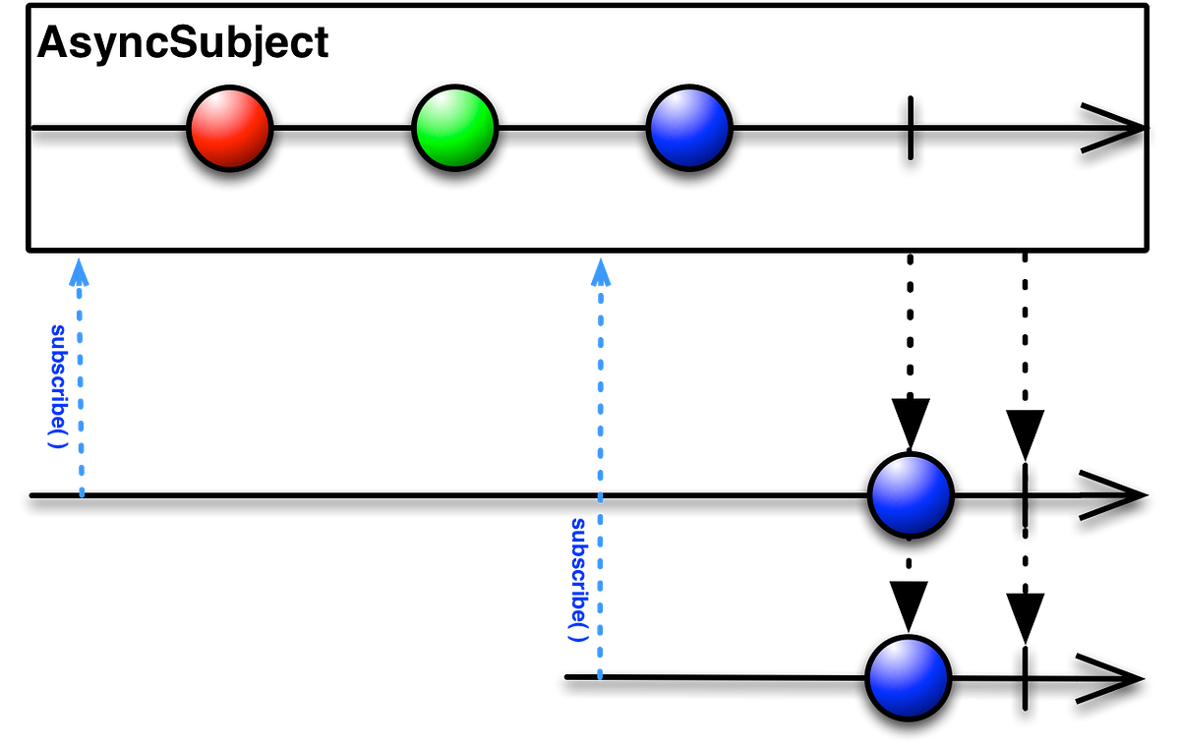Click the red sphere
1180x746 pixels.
point(230,129)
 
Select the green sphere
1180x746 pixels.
point(454,128)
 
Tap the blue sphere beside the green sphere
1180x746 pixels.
point(689,128)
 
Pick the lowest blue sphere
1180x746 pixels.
point(909,678)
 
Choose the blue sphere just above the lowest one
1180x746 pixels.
point(911,495)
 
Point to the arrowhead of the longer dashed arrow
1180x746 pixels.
point(601,273)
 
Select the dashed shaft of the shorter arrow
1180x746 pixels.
point(81,393)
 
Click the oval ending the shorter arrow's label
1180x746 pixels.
point(58,444)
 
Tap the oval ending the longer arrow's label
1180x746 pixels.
point(578,638)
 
